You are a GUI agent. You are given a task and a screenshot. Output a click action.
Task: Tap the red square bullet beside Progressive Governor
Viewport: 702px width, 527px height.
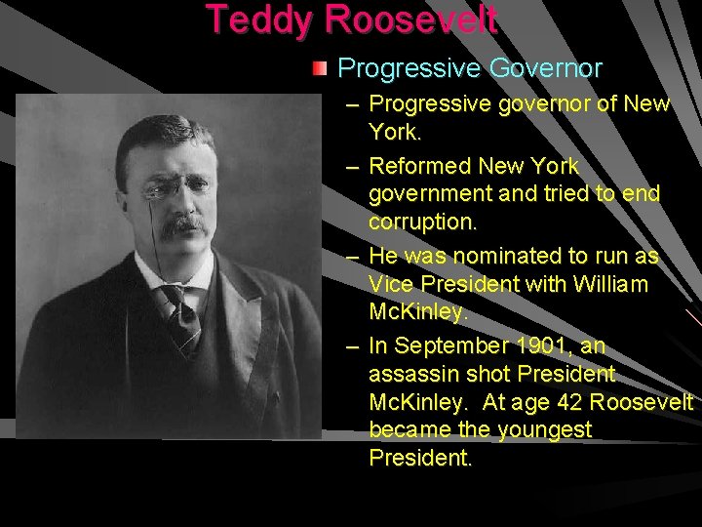320,68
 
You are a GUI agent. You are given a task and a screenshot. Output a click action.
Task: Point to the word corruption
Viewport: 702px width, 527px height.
422,222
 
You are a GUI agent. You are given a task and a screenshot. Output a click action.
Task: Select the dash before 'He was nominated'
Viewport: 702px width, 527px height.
352,257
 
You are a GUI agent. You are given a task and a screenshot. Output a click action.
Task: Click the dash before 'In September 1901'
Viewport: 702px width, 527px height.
352,346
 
